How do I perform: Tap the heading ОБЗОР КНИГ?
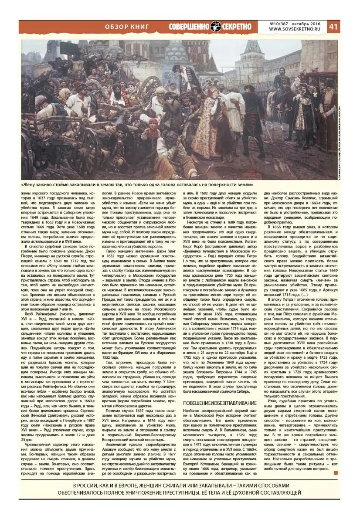click(x=127, y=27)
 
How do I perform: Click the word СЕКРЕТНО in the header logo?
click(x=237, y=27)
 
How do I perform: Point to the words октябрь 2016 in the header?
click(x=309, y=23)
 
